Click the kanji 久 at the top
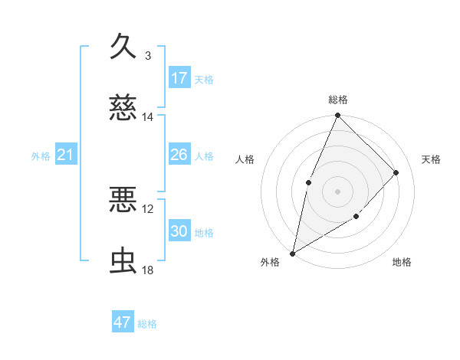click(123, 45)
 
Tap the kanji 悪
click(123, 200)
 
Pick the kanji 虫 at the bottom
click(123, 261)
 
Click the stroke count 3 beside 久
click(148, 55)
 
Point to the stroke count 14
click(148, 117)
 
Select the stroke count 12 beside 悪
click(148, 209)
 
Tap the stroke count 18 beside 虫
click(148, 270)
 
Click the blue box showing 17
click(179, 78)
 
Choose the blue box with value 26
click(179, 155)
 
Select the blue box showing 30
click(179, 231)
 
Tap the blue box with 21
click(66, 155)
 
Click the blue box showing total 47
click(123, 322)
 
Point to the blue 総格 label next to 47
click(148, 324)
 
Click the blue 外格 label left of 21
click(41, 156)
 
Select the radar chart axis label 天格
click(431, 159)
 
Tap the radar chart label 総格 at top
click(337, 100)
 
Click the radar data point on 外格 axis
click(292, 253)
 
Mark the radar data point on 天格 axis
click(396, 172)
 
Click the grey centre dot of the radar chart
click(337, 191)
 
